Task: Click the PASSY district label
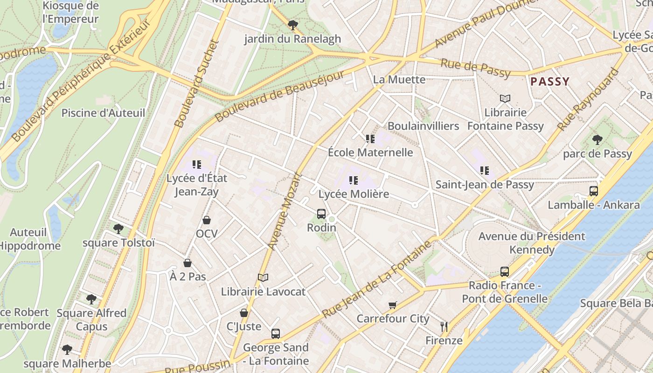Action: [550, 82]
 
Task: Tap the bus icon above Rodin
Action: [321, 214]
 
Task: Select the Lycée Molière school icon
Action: [354, 180]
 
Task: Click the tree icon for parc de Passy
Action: [597, 140]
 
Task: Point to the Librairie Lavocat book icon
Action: [263, 278]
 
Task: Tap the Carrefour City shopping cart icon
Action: [393, 305]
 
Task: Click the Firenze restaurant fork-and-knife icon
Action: [444, 327]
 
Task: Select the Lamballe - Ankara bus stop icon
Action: [594, 191]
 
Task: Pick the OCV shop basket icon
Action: [207, 220]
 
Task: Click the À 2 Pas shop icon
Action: [188, 263]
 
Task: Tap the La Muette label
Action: [399, 80]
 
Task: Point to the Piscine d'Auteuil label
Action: [103, 113]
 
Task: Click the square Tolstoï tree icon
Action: [118, 229]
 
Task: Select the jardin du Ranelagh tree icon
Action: [292, 25]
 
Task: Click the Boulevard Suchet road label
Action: [196, 84]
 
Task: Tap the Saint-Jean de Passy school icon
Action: [485, 171]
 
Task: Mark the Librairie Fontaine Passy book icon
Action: [505, 99]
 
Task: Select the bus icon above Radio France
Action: [504, 272]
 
